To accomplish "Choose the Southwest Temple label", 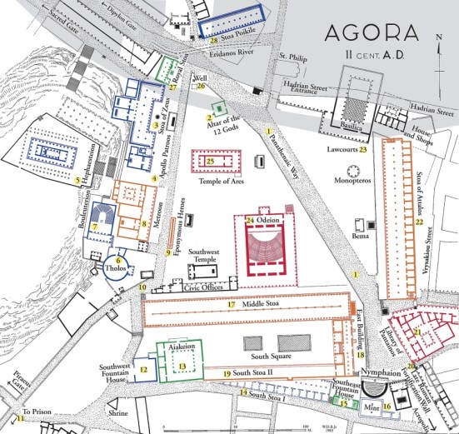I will (x=204, y=256).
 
